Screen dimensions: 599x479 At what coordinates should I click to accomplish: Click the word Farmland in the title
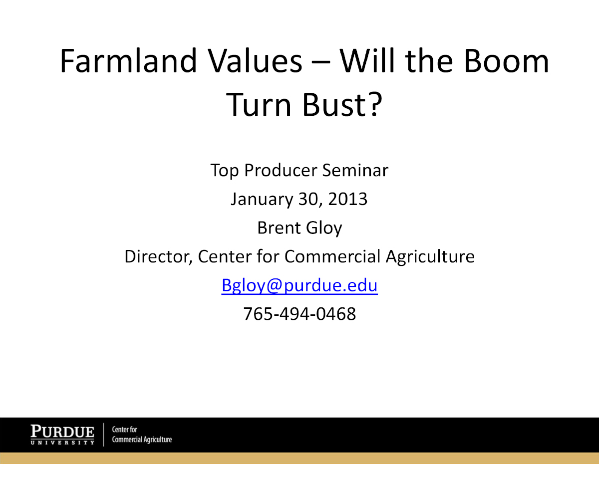click(x=129, y=61)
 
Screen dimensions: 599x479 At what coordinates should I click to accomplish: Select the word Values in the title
click(x=255, y=61)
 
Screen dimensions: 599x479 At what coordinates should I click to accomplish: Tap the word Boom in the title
click(x=506, y=61)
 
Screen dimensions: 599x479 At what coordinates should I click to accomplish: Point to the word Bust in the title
click(x=333, y=104)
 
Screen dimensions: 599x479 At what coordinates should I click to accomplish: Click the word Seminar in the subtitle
click(x=355, y=170)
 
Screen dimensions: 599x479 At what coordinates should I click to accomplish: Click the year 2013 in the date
click(x=347, y=199)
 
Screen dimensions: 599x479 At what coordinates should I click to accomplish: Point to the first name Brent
click(x=279, y=228)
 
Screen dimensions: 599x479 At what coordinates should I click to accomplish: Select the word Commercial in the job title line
click(x=332, y=256)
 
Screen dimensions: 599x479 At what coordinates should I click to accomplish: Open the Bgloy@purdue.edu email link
click(x=299, y=285)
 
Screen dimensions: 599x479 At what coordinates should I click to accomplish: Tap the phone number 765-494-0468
click(x=299, y=314)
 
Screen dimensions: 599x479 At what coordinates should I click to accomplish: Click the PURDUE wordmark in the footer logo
click(x=62, y=432)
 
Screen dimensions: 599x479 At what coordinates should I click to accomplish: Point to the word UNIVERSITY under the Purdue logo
click(x=62, y=443)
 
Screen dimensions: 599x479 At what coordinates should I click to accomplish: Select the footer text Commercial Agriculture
click(x=142, y=440)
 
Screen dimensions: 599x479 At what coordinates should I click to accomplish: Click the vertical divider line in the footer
click(x=103, y=435)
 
